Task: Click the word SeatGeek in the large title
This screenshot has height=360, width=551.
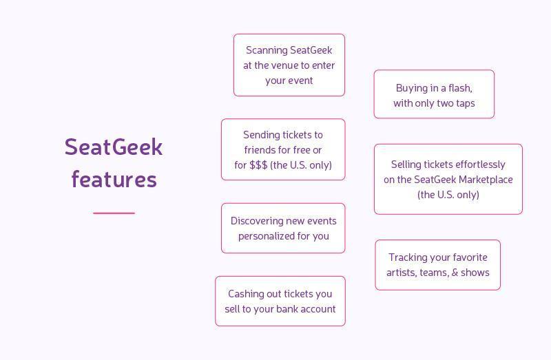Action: click(114, 147)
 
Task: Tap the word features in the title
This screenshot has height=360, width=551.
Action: click(114, 179)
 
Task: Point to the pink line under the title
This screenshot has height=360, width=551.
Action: click(114, 213)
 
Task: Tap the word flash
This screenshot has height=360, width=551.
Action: click(460, 88)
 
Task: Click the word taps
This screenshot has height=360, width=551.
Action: click(466, 104)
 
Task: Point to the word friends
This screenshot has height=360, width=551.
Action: click(260, 150)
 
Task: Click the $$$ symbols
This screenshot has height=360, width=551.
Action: click(258, 165)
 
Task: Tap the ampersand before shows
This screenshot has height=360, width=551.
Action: click(455, 273)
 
